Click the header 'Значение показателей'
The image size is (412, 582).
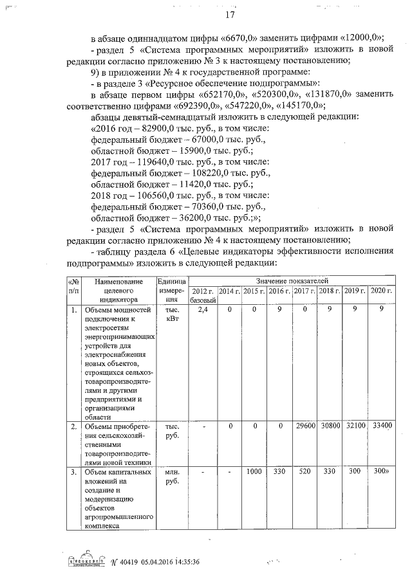(x=292, y=281)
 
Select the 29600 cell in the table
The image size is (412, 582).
(x=305, y=426)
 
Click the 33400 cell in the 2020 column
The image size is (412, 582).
(x=382, y=426)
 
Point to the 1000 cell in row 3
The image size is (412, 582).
(x=254, y=473)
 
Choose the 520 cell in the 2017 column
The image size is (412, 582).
(x=305, y=473)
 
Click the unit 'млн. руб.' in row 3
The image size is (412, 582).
(x=172, y=477)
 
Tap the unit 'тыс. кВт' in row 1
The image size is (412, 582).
(x=172, y=314)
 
